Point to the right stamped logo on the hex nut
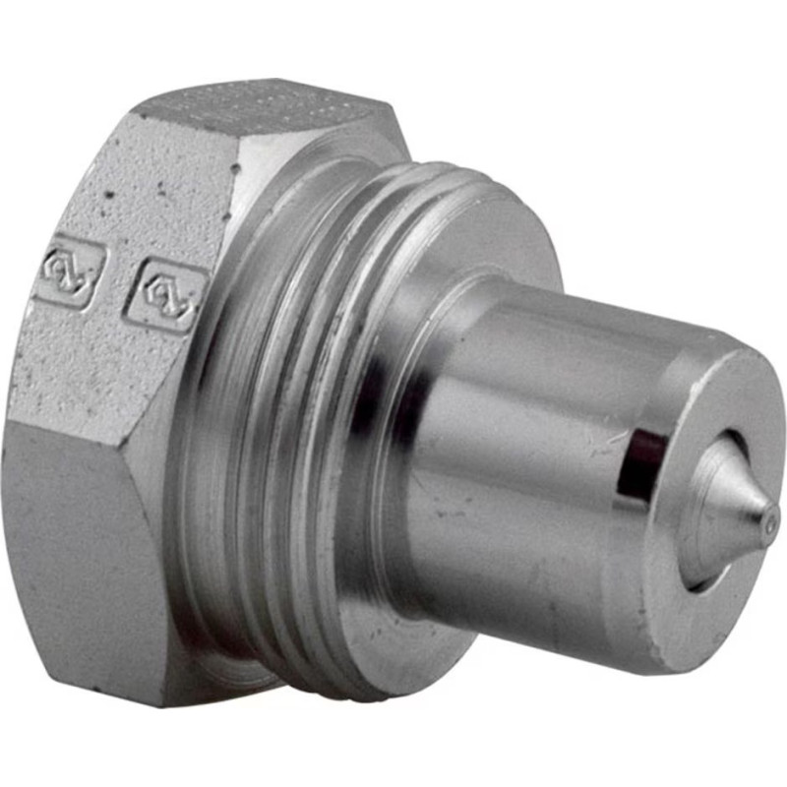coord(164,292)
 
